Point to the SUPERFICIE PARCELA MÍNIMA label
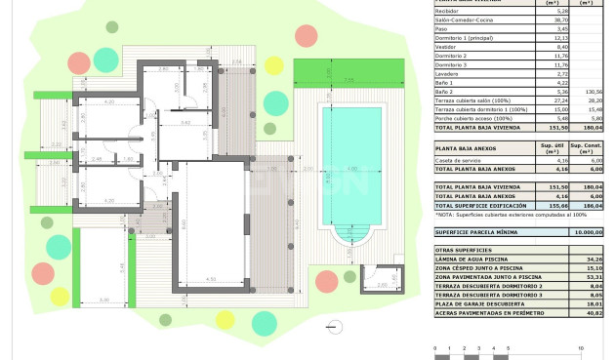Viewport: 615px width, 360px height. point(477,232)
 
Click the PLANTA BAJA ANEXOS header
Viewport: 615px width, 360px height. point(471,148)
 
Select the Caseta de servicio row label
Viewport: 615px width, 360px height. point(460,159)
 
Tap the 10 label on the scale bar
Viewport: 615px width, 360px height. point(582,347)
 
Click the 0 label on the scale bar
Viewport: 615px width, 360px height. point(432,347)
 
